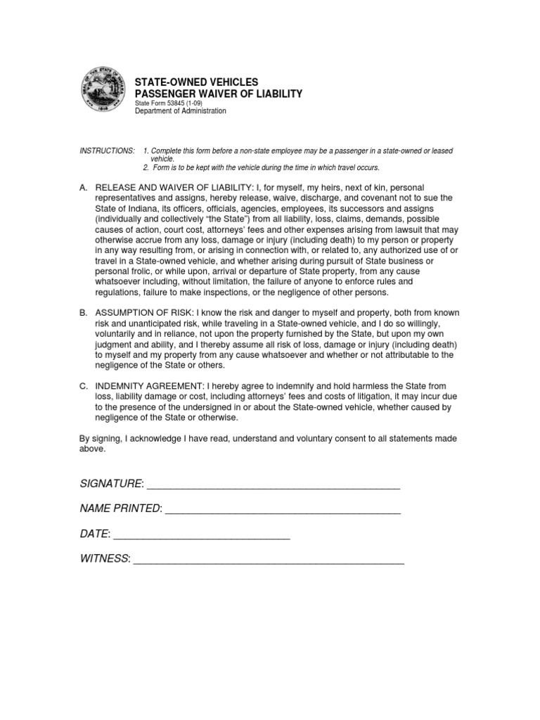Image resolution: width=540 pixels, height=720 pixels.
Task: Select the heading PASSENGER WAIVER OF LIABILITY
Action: [218, 94]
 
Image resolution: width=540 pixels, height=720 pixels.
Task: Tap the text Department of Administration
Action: [180, 111]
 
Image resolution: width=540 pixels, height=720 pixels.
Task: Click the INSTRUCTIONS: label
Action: [106, 151]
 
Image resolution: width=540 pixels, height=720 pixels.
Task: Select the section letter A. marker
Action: [84, 188]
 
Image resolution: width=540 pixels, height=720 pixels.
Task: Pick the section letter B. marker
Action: [84, 313]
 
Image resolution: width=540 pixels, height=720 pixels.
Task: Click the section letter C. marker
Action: [84, 385]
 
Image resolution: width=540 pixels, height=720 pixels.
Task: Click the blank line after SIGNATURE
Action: [274, 484]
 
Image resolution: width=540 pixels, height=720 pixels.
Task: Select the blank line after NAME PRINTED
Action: [283, 509]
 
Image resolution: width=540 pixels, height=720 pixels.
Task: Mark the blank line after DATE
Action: [202, 535]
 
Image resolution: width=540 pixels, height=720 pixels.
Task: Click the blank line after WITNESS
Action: [269, 559]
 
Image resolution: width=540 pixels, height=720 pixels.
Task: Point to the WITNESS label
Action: [105, 558]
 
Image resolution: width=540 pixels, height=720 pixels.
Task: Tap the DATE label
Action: [95, 534]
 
